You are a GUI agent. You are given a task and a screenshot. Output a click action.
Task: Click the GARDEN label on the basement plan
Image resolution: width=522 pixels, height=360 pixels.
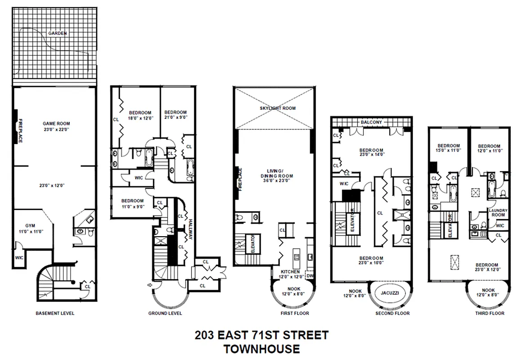point(58,33)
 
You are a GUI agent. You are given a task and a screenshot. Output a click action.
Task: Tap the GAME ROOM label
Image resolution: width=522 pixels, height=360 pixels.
point(56,123)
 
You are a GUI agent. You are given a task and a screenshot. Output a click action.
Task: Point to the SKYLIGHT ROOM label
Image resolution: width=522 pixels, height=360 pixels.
point(274,109)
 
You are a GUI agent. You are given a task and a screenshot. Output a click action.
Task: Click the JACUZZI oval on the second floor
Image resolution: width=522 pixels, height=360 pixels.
point(387,292)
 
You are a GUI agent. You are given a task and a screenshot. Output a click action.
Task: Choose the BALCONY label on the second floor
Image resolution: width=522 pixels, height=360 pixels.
point(371,122)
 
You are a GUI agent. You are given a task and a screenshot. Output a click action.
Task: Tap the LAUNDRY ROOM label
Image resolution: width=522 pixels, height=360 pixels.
point(498,213)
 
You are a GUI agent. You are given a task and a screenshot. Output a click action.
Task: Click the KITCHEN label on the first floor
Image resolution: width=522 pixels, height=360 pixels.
point(290,272)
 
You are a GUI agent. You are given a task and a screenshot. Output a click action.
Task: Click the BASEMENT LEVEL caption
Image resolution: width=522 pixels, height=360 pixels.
point(55,313)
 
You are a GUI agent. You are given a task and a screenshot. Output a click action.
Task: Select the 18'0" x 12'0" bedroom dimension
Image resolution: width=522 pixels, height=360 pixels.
point(140,118)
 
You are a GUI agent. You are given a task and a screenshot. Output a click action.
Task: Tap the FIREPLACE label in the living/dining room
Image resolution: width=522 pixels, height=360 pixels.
point(241,180)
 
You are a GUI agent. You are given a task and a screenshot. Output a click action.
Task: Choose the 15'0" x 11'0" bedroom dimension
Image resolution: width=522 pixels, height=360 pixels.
point(449,151)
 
